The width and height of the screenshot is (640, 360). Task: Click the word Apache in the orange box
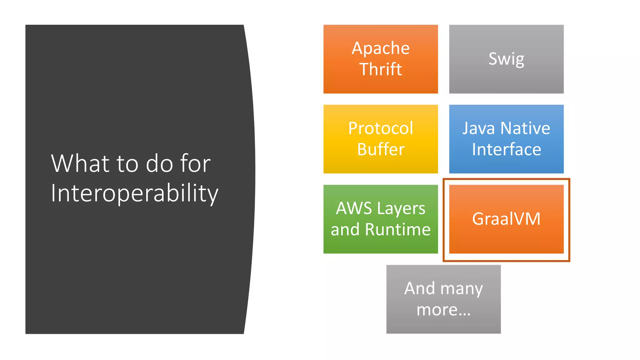(380, 48)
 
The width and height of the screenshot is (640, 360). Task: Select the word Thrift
(380, 69)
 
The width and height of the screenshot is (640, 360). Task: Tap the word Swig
(506, 59)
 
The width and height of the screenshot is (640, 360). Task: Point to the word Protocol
(381, 128)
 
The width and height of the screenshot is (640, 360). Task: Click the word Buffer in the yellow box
(381, 149)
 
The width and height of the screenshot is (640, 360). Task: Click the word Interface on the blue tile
(506, 149)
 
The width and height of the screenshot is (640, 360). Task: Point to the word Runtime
(397, 230)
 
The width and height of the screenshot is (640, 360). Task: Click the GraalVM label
(506, 219)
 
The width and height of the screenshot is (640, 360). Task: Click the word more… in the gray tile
(443, 310)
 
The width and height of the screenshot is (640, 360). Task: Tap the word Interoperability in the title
(134, 193)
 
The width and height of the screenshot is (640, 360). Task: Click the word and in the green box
(345, 230)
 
